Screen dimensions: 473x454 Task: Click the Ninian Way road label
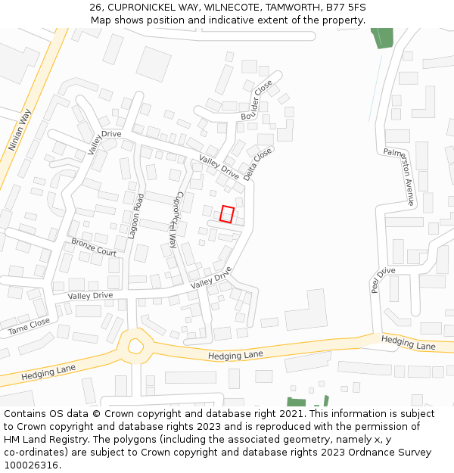tap(20, 130)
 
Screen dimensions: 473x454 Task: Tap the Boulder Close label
tap(257, 100)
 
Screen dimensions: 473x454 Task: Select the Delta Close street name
tap(258, 163)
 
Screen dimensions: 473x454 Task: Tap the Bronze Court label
tap(94, 247)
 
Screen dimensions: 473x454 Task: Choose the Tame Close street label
tap(29, 326)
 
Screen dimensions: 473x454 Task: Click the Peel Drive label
tap(383, 280)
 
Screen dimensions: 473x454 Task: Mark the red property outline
tap(227, 213)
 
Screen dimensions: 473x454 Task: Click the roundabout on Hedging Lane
tap(135, 347)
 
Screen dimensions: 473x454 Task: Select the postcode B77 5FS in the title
tap(347, 7)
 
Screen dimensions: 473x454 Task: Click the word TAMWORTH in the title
tap(291, 7)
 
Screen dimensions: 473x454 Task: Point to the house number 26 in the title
tap(95, 7)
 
